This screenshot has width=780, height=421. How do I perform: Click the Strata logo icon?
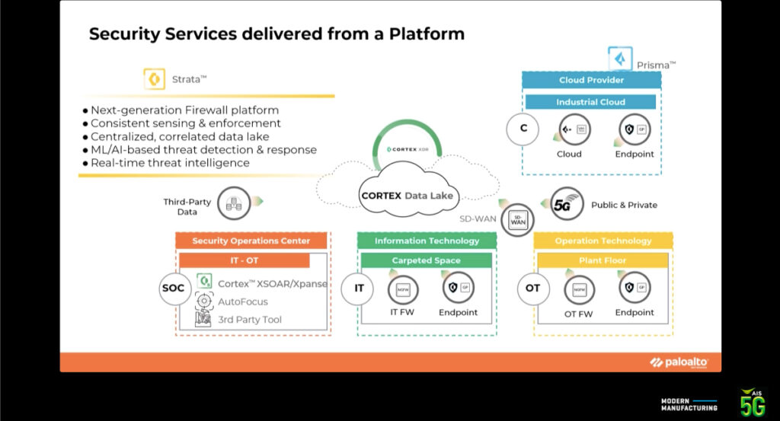click(x=155, y=79)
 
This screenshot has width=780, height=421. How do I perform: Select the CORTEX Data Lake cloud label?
click(x=407, y=196)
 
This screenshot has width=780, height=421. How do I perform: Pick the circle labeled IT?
click(x=359, y=289)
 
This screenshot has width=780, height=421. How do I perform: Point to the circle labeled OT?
click(x=533, y=289)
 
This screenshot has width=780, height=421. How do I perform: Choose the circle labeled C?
click(x=523, y=128)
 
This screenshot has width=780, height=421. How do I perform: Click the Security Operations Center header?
click(x=251, y=241)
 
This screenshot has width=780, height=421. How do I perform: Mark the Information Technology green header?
click(x=427, y=241)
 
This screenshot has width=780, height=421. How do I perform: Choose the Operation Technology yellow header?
click(x=603, y=241)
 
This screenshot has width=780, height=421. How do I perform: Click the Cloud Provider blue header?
click(x=591, y=80)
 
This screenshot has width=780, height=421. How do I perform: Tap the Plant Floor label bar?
click(x=603, y=260)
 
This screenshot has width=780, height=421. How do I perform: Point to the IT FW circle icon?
click(x=402, y=289)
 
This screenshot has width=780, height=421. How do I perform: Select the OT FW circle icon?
click(x=578, y=289)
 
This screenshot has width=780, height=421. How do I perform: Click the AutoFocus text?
click(x=243, y=301)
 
